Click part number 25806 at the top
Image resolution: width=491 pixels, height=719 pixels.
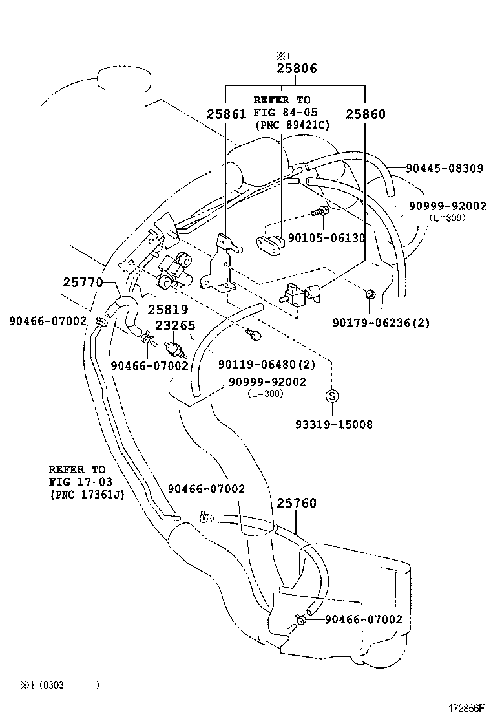297,68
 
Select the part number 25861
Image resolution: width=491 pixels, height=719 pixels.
226,114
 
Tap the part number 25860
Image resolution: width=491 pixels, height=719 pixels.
365,114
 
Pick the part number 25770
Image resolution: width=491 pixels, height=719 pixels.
83,282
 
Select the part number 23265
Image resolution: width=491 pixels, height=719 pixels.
172,327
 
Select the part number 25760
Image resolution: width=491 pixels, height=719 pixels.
297,503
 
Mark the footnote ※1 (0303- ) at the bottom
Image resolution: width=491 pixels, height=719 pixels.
59,684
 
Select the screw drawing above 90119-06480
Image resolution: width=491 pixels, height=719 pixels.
253,334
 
